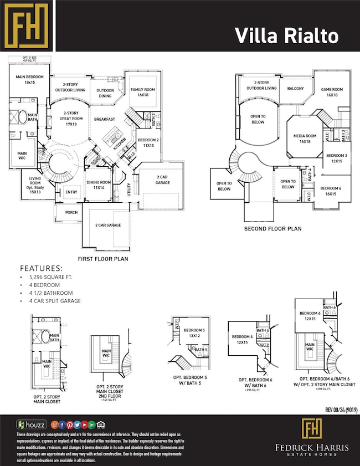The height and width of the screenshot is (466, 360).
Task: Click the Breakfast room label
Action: [x=104, y=119]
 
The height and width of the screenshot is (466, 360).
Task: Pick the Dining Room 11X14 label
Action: [x=98, y=186]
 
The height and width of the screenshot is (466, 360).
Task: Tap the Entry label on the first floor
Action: [x=71, y=192]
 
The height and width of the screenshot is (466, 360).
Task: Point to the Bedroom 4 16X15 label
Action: [x=331, y=191]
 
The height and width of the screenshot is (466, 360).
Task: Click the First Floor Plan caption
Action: [x=110, y=259]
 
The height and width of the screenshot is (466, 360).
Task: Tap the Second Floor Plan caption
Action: [x=272, y=228]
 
